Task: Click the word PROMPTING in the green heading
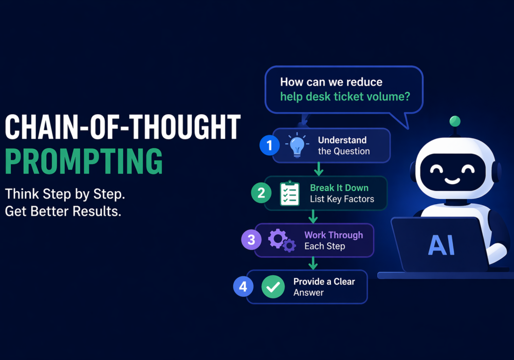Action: tap(84, 161)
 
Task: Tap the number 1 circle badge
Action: tap(269, 145)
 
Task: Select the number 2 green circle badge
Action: tap(261, 193)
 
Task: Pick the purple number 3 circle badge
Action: tap(251, 240)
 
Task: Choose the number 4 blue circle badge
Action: tap(243, 286)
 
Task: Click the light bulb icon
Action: tap(297, 145)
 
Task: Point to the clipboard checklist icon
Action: tap(290, 193)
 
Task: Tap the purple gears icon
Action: tap(282, 240)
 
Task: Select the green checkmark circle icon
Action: tap(273, 287)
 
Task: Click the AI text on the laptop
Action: tap(442, 245)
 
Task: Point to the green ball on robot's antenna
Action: tap(455, 121)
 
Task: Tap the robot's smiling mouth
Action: tap(452, 181)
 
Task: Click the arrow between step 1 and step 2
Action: tap(319, 169)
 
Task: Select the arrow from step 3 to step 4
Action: tap(313, 263)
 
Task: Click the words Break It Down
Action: tap(339, 188)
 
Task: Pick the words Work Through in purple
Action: tap(334, 235)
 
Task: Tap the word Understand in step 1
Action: tap(342, 140)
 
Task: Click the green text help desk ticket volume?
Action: tap(345, 97)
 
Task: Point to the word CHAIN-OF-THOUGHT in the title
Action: tap(123, 127)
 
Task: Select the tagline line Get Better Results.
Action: tap(63, 211)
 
